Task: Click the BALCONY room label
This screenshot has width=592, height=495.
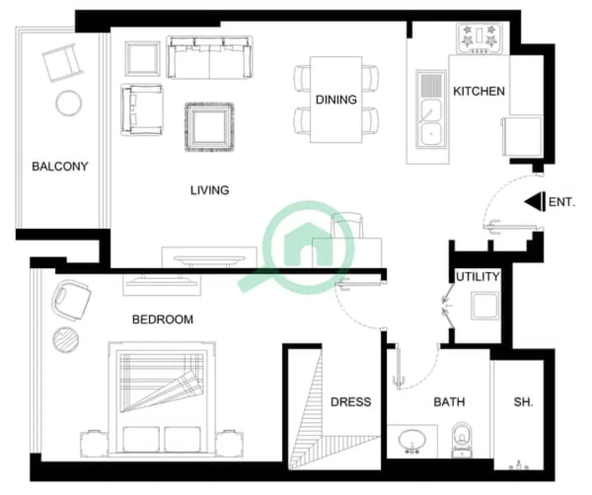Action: [x=59, y=166]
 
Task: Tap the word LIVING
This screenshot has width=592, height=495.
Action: [x=209, y=190]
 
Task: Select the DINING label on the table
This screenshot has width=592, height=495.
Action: [x=336, y=99]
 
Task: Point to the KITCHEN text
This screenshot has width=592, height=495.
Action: [x=479, y=91]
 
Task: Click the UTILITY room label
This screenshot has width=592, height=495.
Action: [x=477, y=276]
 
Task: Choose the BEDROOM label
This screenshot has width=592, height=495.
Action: [x=163, y=319]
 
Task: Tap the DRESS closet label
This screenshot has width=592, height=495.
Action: [x=351, y=402]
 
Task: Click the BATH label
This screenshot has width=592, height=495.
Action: [x=449, y=402]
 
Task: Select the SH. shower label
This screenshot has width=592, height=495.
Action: [x=523, y=402]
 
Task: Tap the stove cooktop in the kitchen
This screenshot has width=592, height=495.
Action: [x=480, y=39]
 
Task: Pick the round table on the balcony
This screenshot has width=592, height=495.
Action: [x=68, y=103]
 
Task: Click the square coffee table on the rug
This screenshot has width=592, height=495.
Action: [x=209, y=128]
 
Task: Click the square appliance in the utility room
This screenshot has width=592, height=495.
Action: [x=484, y=306]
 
